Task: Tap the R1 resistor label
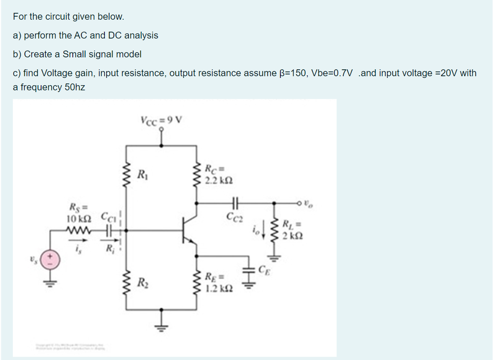(140, 175)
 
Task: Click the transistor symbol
(188, 231)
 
